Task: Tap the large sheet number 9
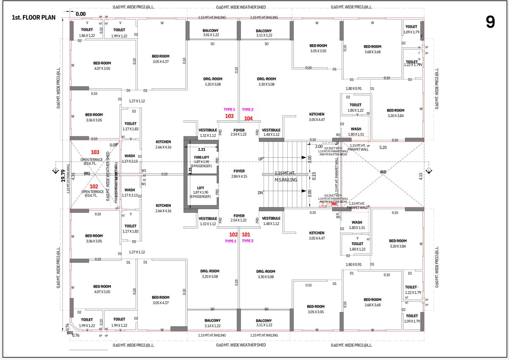(x=490, y=23)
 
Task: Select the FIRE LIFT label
(x=201, y=157)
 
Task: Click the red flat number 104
(x=248, y=118)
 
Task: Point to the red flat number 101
(x=246, y=235)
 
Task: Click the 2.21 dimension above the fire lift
(x=202, y=150)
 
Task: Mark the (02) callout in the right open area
(x=382, y=172)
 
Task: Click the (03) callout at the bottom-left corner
(x=70, y=332)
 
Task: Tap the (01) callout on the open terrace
(x=87, y=173)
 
